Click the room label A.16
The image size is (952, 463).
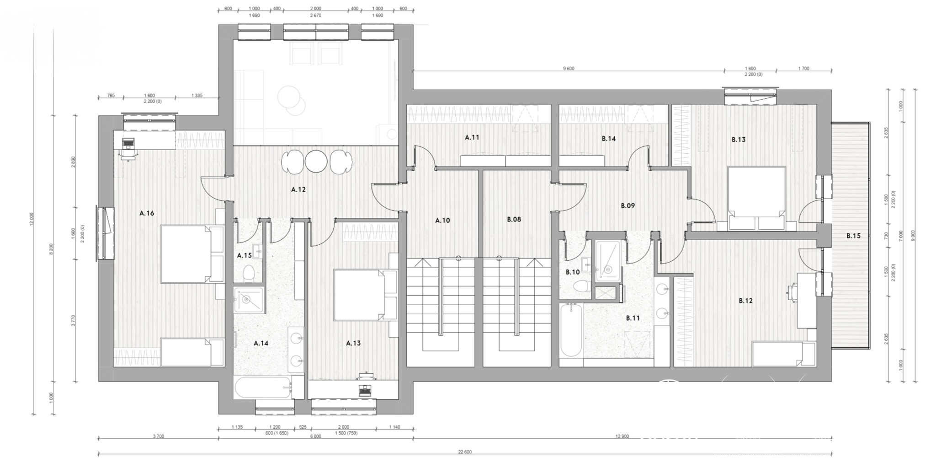pyautogui.click(x=147, y=213)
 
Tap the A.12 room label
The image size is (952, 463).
pyautogui.click(x=298, y=189)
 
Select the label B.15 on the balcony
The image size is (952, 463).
pyautogui.click(x=853, y=236)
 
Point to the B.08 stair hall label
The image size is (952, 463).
pyautogui.click(x=514, y=220)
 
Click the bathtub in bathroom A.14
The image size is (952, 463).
pyautogui.click(x=263, y=388)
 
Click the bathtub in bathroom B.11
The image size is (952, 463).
pyautogui.click(x=571, y=330)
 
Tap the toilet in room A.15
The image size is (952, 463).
pyautogui.click(x=249, y=273)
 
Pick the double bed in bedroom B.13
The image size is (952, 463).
pyautogui.click(x=756, y=198)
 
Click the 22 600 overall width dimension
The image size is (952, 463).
pyautogui.click(x=465, y=452)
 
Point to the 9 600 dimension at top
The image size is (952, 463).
pyautogui.click(x=569, y=69)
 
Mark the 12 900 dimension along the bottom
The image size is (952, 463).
pyautogui.click(x=622, y=436)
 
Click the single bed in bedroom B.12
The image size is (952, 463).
pyautogui.click(x=783, y=354)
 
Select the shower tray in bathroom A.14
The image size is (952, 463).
pyautogui.click(x=249, y=300)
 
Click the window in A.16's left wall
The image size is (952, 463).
pyautogui.click(x=105, y=234)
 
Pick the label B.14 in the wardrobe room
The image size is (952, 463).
pyautogui.click(x=608, y=139)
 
